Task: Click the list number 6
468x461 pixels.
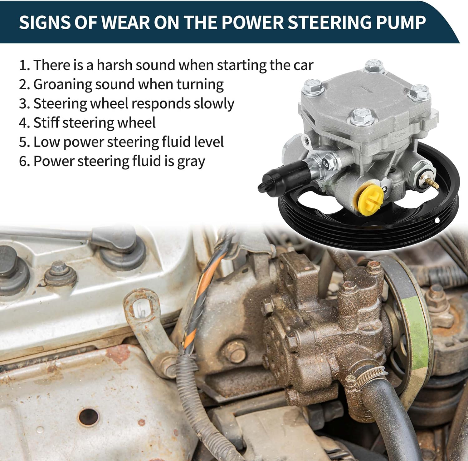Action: point(24,161)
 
